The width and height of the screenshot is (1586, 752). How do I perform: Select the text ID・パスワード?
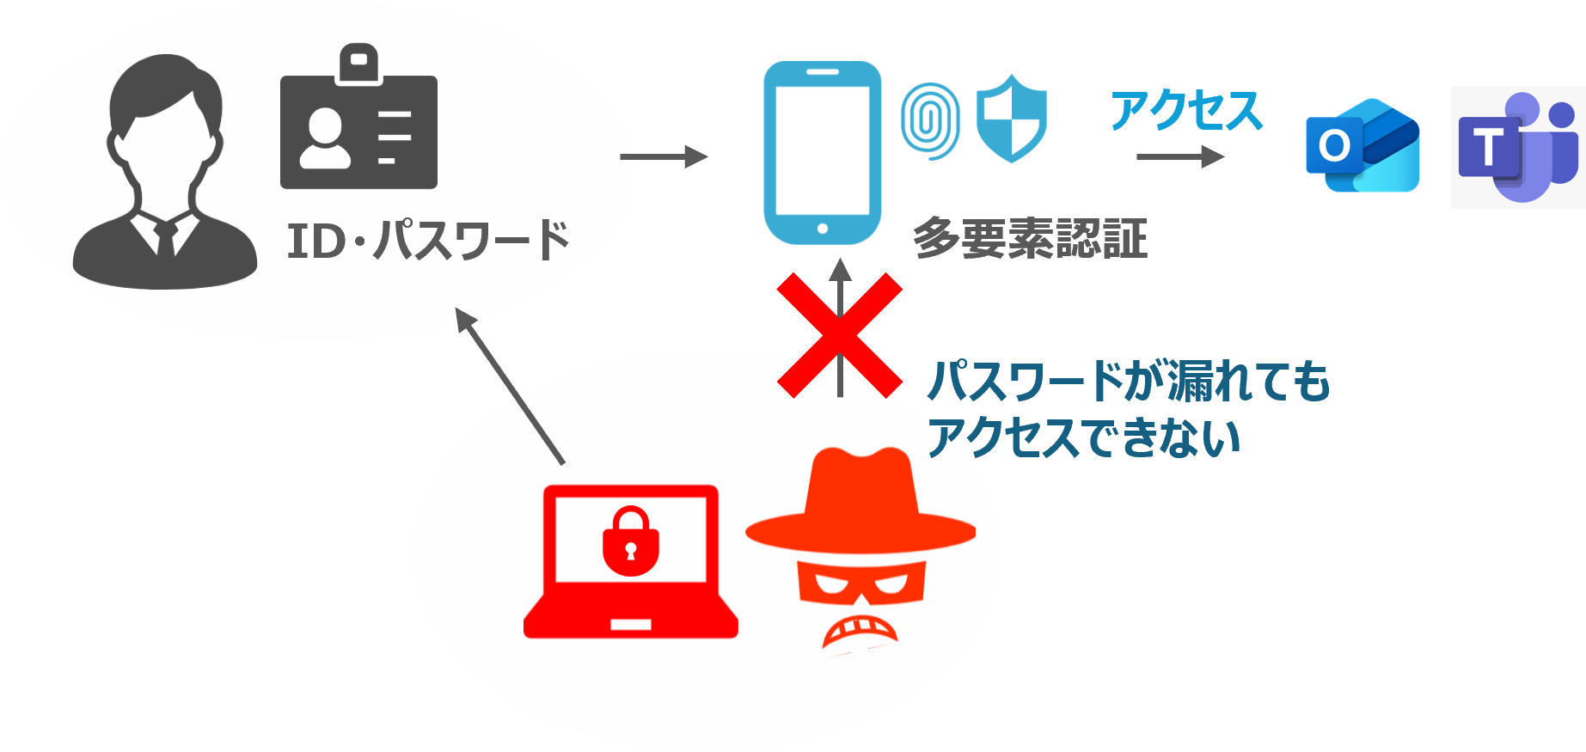427,240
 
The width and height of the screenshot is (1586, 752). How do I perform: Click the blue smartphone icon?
822,153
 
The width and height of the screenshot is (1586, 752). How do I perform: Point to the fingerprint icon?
930,121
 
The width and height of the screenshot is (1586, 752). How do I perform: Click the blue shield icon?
1012,119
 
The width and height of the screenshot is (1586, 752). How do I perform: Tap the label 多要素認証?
1030,238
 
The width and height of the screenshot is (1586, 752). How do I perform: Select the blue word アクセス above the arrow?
1186,111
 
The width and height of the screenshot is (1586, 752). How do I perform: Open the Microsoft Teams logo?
1518,147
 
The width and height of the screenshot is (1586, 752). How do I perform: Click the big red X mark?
840,335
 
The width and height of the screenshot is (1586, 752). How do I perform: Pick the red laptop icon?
631,563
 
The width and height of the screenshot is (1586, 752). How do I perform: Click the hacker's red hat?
860,503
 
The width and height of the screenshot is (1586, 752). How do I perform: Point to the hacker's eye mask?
860,584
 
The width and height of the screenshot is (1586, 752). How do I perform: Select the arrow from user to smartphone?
664,157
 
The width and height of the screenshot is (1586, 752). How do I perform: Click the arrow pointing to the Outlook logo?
1179,157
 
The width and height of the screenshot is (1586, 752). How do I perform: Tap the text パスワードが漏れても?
1128,382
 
